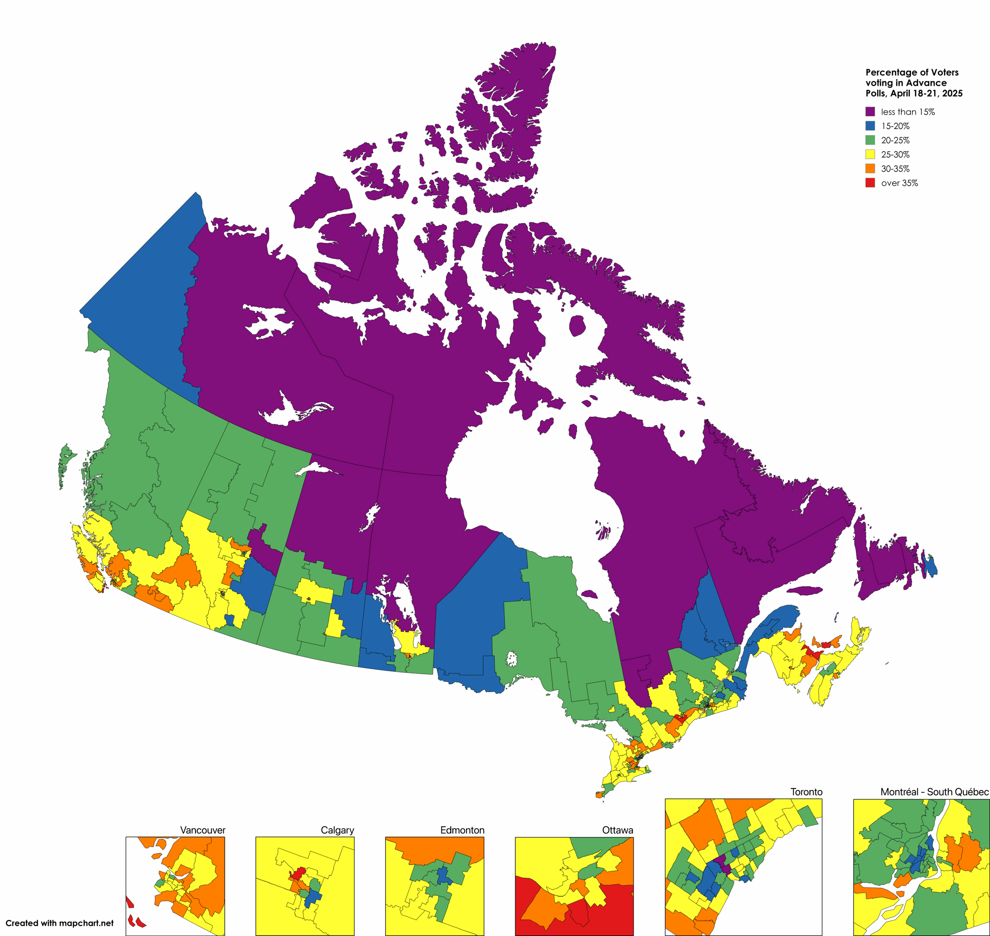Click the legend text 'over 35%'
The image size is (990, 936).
[899, 183]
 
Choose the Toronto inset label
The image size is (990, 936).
[806, 792]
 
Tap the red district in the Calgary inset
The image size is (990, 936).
[299, 874]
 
